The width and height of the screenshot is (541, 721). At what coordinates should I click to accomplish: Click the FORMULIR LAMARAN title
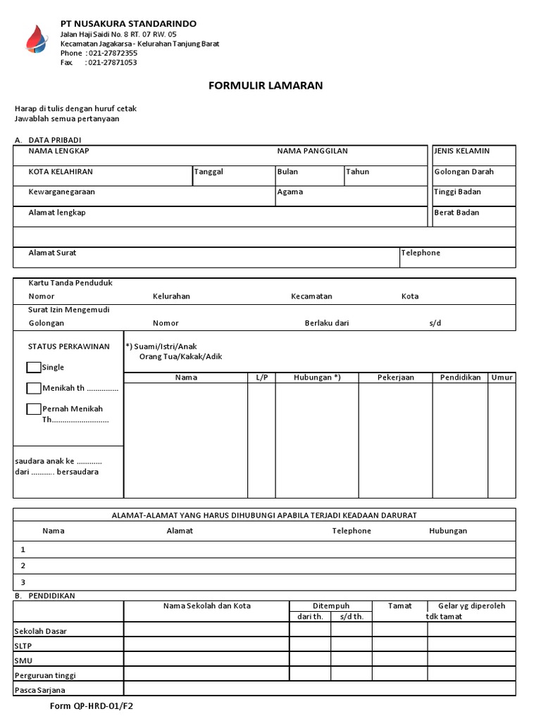[x=266, y=85]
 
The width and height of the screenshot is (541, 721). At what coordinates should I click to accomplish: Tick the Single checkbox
[x=33, y=367]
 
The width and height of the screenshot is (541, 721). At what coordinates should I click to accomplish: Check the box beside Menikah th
[x=33, y=388]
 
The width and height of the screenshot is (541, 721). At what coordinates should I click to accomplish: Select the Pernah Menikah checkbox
[x=33, y=409]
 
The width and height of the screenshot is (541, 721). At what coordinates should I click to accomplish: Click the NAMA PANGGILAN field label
[x=312, y=151]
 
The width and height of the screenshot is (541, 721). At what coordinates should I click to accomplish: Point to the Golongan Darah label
[x=464, y=171]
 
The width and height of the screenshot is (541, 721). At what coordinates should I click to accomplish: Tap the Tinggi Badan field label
[x=457, y=192]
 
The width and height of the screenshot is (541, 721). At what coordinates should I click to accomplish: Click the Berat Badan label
[x=456, y=212]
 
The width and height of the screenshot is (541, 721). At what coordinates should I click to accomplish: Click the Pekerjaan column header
[x=395, y=377]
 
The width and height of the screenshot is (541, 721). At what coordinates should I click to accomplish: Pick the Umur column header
[x=502, y=377]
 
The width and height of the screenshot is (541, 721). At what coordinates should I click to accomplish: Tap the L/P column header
[x=261, y=377]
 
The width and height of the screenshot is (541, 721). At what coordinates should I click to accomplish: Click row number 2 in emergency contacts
[x=23, y=565]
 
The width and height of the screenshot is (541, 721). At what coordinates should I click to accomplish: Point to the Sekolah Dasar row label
[x=40, y=631]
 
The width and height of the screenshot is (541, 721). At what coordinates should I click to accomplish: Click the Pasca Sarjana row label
[x=39, y=690]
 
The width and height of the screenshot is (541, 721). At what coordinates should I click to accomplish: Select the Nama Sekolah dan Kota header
[x=206, y=606]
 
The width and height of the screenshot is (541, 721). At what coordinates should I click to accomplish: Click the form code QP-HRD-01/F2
[x=91, y=706]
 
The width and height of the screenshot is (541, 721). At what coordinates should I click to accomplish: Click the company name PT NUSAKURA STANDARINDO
[x=128, y=23]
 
